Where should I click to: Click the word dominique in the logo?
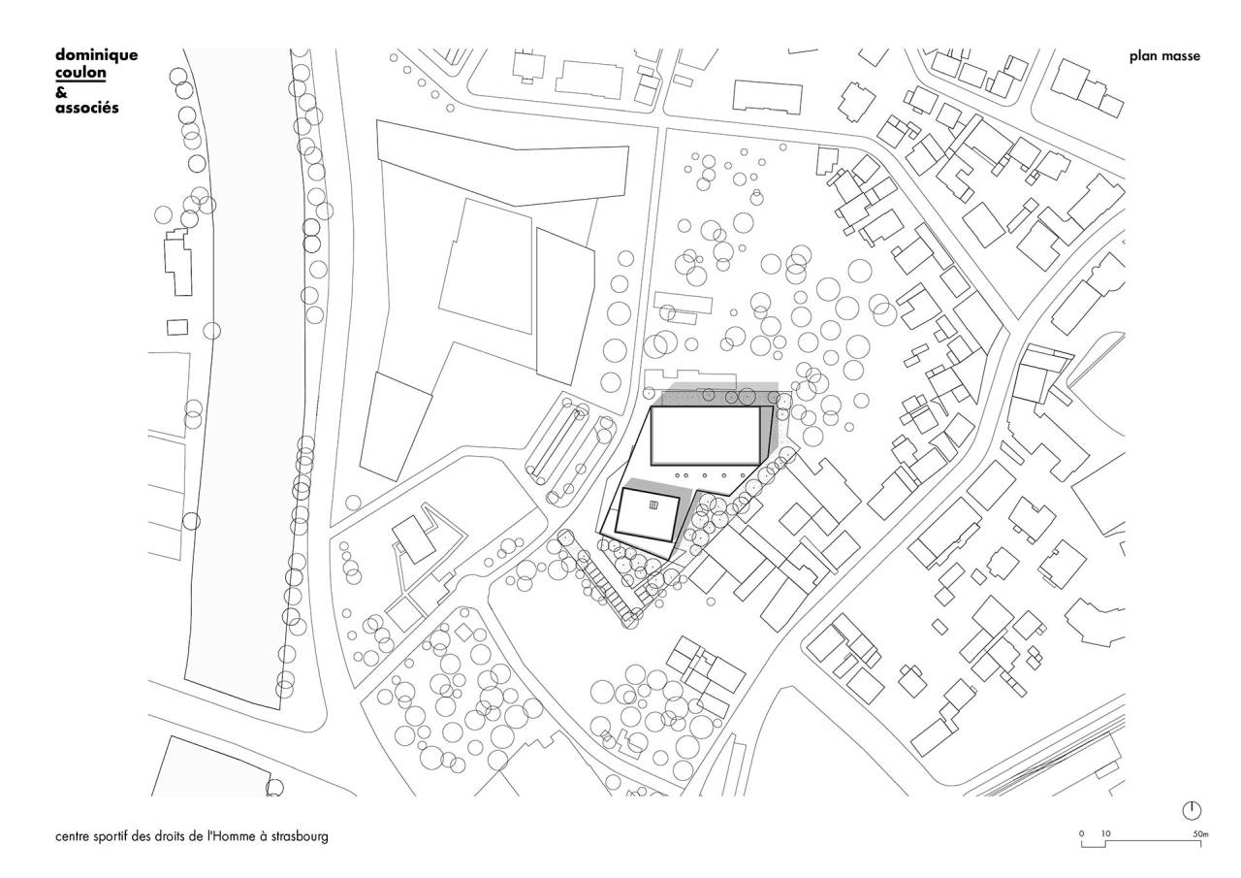point(96,55)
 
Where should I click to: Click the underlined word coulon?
point(80,73)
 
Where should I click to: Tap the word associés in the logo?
point(87,108)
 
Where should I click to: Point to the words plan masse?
point(1164,56)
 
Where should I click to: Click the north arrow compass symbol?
point(1192,811)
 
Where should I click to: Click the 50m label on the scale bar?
point(1200,834)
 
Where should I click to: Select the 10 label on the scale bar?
point(1106,834)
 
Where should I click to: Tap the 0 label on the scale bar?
point(1081,834)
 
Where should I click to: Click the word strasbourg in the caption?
point(300,837)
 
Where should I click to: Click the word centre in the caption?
point(72,836)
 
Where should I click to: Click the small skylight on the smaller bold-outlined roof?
point(653,504)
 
